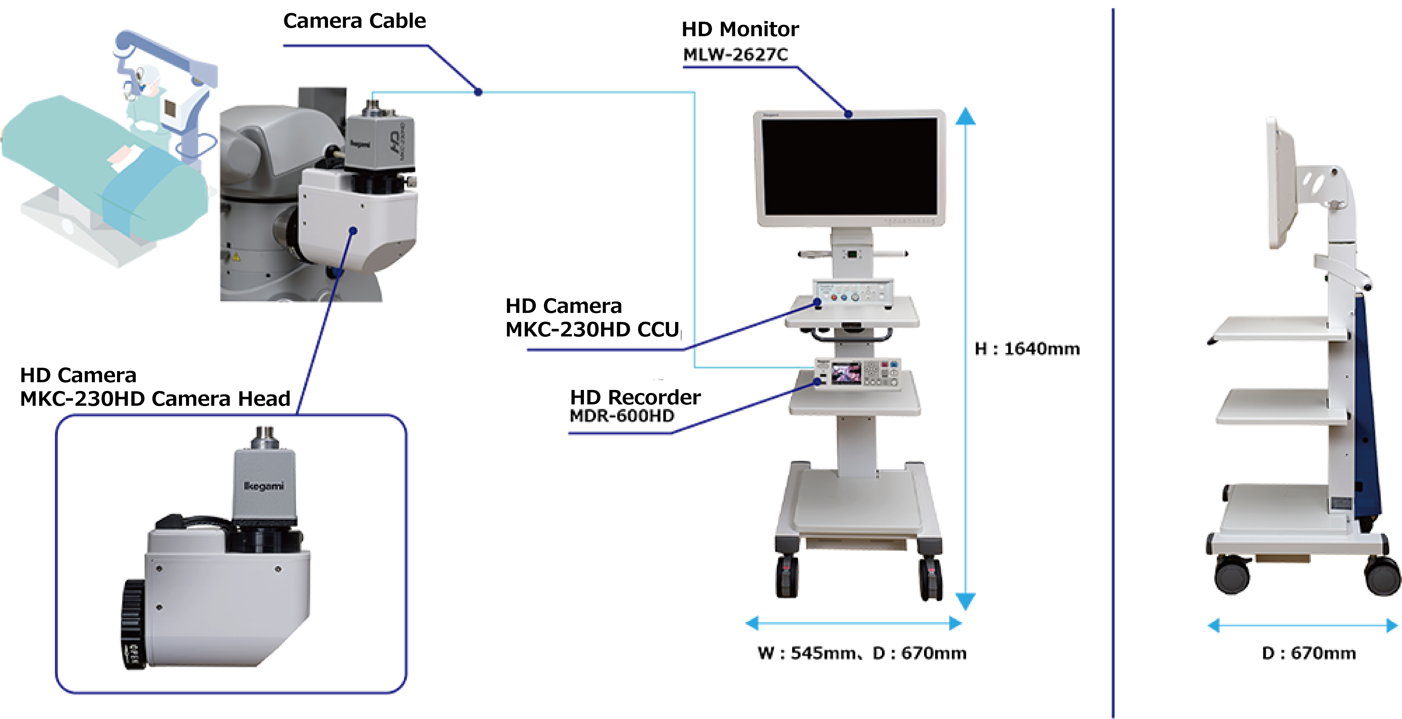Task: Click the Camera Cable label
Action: (354, 21)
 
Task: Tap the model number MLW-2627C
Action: (735, 55)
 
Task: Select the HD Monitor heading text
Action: (740, 29)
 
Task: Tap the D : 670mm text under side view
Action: (1308, 653)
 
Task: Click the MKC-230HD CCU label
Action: (592, 329)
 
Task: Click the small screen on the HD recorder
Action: (846, 374)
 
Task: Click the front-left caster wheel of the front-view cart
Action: (787, 577)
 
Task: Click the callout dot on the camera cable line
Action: (478, 92)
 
